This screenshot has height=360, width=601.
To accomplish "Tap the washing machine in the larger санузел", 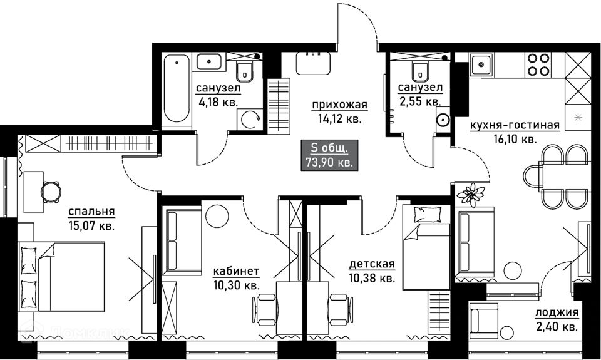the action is [249, 120].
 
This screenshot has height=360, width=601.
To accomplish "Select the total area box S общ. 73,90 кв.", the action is [330, 155].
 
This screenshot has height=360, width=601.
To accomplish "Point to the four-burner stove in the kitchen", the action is [538, 64].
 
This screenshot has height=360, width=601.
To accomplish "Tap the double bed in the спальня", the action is [61, 276].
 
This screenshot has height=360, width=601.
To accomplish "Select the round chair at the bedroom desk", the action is [51, 192].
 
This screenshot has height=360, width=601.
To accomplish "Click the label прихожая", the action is [339, 105].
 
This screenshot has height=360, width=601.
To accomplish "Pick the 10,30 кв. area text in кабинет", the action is [237, 285].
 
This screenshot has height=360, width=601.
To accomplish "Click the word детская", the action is [372, 264].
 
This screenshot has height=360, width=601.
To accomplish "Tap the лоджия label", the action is [557, 313].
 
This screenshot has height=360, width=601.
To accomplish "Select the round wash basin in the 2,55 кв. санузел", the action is [444, 120].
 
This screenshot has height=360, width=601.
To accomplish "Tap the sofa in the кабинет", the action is [182, 241].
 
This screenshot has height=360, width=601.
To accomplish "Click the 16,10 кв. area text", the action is [515, 139].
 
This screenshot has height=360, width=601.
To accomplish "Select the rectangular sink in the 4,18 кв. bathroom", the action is [209, 62].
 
